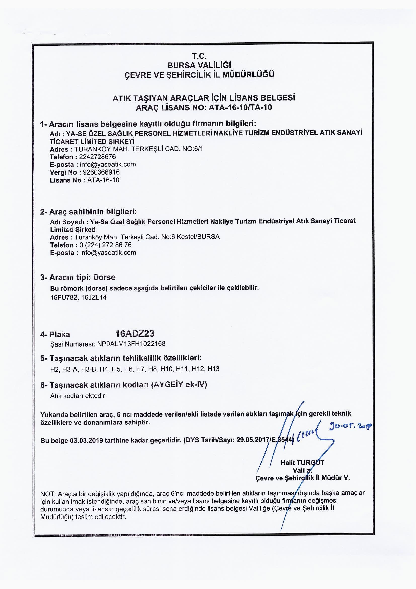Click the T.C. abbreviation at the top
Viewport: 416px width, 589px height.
[199, 56]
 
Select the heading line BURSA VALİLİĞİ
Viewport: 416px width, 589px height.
[199, 65]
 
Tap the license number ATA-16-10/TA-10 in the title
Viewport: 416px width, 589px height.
[240, 107]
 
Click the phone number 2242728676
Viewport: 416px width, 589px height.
[98, 157]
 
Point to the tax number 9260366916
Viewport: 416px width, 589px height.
[101, 172]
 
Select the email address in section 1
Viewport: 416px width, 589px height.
[108, 164]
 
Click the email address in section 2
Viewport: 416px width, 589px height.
[108, 253]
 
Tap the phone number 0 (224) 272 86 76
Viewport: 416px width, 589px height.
[106, 245]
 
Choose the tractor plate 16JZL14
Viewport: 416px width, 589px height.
[94, 298]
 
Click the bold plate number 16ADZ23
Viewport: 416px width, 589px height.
[135, 333]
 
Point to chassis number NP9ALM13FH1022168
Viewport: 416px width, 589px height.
[131, 344]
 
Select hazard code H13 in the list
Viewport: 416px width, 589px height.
[213, 369]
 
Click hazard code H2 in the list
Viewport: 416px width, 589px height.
[54, 369]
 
